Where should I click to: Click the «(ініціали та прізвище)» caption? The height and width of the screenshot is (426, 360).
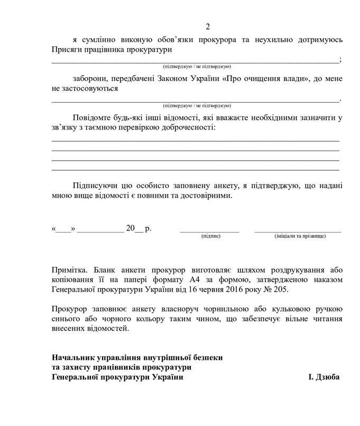coord(297,236)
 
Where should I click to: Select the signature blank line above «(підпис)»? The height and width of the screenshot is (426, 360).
coord(210,231)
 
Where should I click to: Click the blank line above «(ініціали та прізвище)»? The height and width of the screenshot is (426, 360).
coord(298,231)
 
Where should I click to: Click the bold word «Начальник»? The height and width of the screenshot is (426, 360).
coord(72,357)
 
